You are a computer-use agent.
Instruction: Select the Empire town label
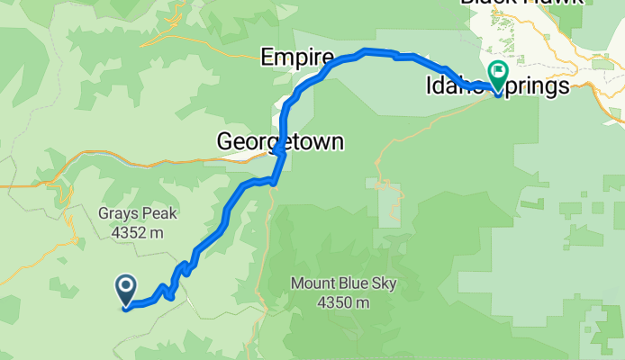pyautogui.click(x=290, y=58)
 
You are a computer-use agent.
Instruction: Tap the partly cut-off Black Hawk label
pyautogui.click(x=516, y=3)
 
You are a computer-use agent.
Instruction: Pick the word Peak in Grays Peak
pyautogui.click(x=159, y=214)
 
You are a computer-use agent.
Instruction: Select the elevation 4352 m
pyautogui.click(x=139, y=232)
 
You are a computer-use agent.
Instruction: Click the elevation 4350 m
pyautogui.click(x=343, y=302)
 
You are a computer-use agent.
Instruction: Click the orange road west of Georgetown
pyautogui.click(x=135, y=165)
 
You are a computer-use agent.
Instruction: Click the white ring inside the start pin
pyautogui.click(x=125, y=286)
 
